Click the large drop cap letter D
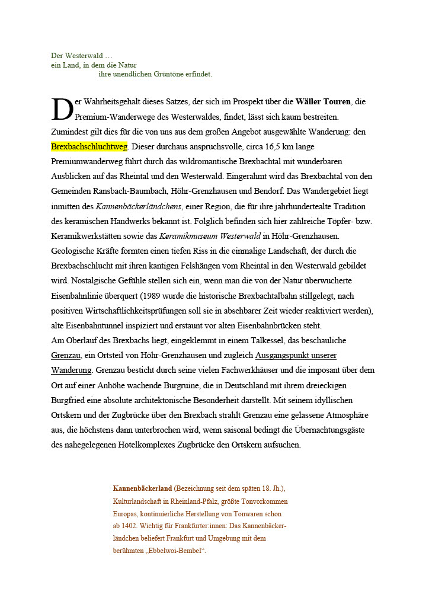[62, 109]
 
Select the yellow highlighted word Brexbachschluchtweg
[89, 146]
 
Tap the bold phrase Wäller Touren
[323, 102]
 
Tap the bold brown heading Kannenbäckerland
[142, 488]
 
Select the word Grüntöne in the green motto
[173, 74]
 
